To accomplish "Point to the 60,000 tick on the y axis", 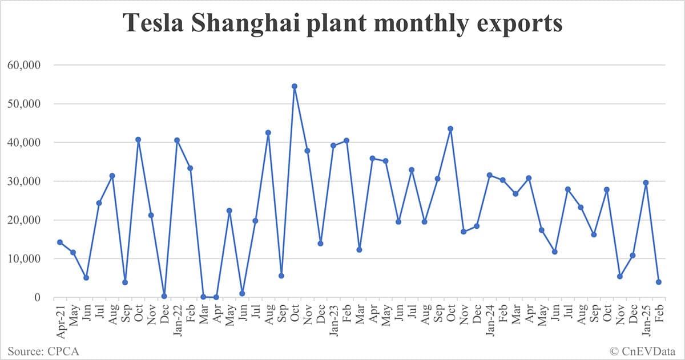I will [24, 65].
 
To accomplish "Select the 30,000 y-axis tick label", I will [24, 181].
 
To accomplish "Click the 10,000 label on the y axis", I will [24, 259].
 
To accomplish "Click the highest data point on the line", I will [295, 86].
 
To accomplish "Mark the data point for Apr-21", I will [60, 242].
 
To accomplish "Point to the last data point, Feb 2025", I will [659, 282].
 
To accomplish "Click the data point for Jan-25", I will [646, 183].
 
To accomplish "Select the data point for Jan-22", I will [177, 140].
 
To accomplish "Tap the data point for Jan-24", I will [489, 175].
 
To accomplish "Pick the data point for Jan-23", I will [333, 145].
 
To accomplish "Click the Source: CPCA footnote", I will [43, 351].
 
